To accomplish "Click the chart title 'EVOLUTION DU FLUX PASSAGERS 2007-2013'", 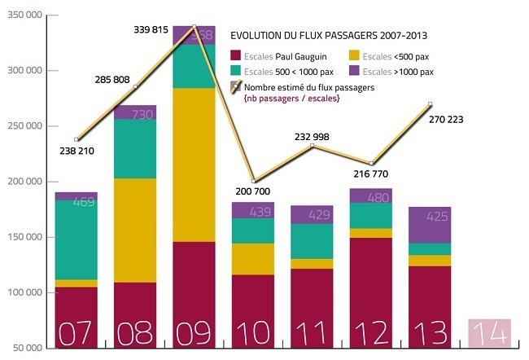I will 330,36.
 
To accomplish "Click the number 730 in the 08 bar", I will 134,114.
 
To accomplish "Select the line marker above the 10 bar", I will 253,181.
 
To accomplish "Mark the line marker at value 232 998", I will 313,146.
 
